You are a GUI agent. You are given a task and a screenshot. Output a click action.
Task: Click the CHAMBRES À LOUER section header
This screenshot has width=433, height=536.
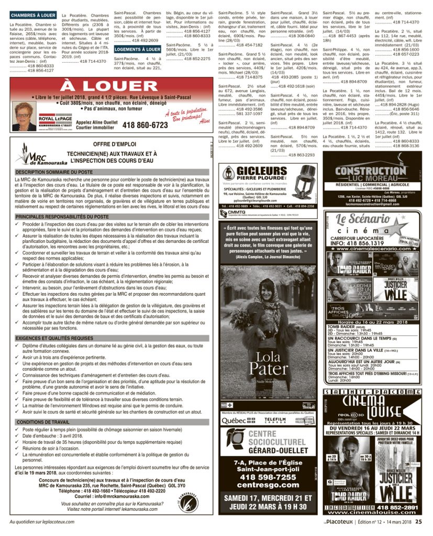point(32,16)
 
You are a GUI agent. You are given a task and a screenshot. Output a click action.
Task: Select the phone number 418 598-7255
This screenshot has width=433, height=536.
point(268,477)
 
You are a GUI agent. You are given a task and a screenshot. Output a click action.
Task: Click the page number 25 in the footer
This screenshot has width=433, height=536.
point(419,521)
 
